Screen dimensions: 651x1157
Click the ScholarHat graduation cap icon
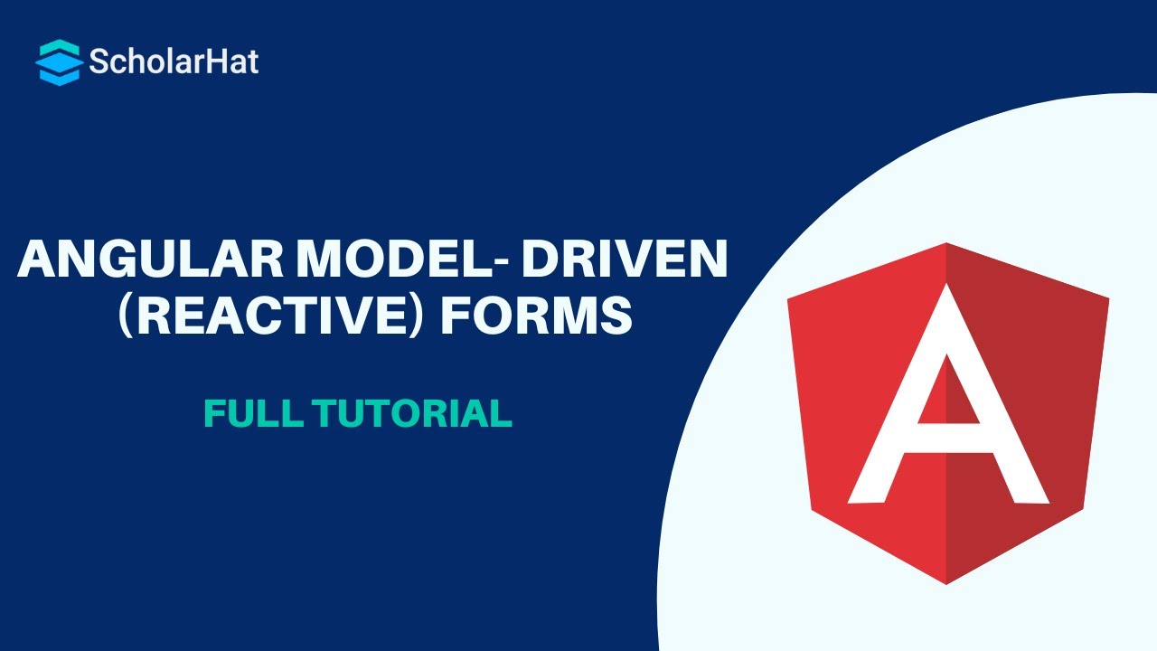[x=59, y=61]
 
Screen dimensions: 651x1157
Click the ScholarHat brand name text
[x=174, y=61]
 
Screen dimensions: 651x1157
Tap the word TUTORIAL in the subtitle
[x=411, y=413]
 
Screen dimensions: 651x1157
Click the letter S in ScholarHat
[x=99, y=61]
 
